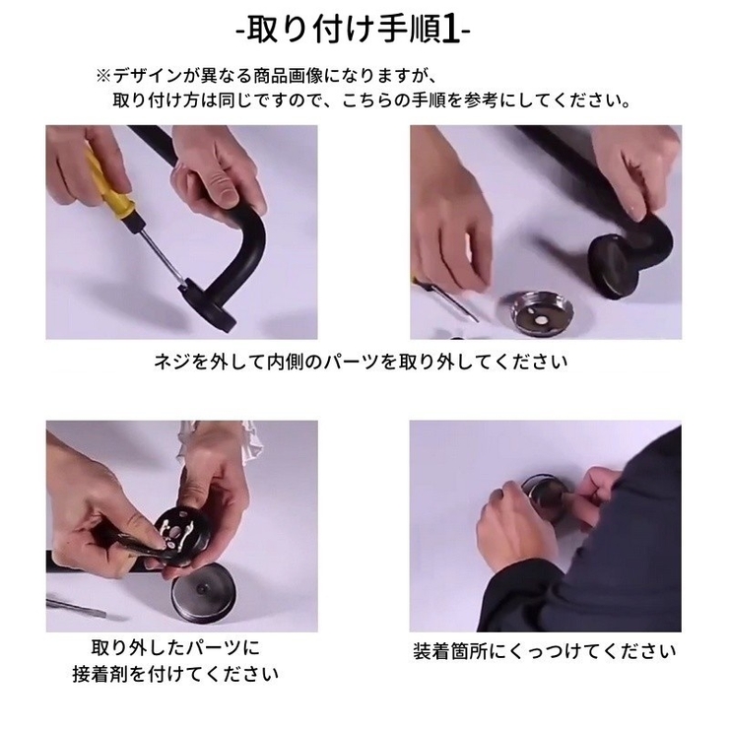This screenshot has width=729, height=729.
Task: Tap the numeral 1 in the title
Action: (x=450, y=31)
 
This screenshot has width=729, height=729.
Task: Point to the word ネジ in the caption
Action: (x=172, y=362)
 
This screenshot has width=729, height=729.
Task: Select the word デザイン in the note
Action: (x=147, y=76)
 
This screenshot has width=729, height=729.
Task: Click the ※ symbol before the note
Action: (x=103, y=76)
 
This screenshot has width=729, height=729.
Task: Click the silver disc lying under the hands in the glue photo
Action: (x=202, y=595)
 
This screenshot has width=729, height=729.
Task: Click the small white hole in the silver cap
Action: (x=542, y=320)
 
